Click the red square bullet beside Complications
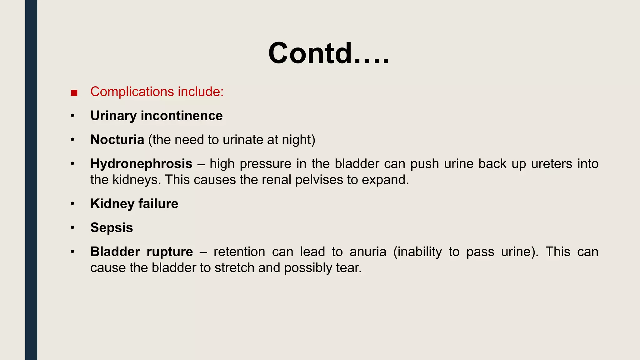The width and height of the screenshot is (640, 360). [74, 93]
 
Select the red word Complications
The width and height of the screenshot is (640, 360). [132, 92]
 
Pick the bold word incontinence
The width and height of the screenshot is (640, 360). [182, 116]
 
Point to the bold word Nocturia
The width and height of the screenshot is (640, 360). [117, 140]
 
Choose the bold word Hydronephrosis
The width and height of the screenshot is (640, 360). [141, 164]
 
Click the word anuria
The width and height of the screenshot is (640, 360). [368, 252]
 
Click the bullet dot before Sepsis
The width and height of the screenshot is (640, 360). [72, 228]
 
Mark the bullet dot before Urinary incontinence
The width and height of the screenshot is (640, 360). [72, 116]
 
